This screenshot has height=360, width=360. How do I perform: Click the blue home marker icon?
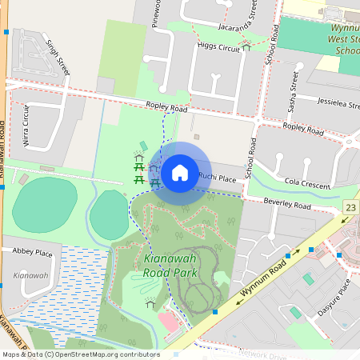179,172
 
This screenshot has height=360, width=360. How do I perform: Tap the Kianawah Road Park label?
170,266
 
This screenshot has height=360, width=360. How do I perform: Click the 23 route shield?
350,207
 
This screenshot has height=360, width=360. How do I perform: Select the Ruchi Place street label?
218,178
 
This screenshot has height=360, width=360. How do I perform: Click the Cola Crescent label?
307,185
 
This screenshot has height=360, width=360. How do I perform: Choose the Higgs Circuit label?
218,48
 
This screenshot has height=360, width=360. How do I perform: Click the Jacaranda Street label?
254,20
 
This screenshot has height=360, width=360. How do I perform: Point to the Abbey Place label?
32,253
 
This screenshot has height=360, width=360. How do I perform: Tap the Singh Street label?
58,57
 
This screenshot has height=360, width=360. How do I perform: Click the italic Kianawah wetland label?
31,275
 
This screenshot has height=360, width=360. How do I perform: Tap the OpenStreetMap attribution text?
80,354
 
